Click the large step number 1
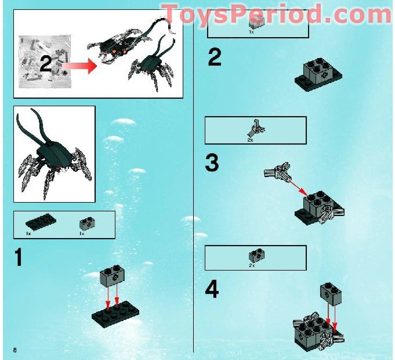19,257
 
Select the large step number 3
212,163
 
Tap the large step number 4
212,290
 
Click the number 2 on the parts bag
46,64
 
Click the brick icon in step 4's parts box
254,255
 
